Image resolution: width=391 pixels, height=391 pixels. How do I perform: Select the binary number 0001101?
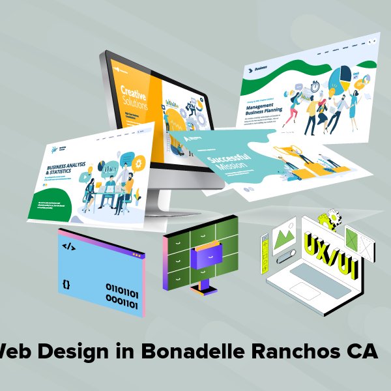click(x=122, y=303)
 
